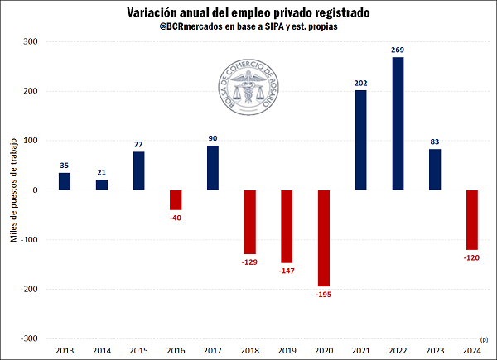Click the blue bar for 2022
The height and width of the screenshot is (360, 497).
[398, 123]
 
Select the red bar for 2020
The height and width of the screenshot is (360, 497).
[324, 238]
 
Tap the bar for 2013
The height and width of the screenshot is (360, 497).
[64, 181]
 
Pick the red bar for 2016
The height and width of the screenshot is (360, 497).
[176, 199]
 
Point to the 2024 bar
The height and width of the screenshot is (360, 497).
[471, 219]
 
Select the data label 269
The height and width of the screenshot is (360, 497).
[398, 50]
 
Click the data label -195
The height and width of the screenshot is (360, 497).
[323, 295]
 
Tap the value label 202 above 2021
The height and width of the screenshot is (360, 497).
[361, 83]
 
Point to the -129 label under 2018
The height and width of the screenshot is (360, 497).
[249, 262]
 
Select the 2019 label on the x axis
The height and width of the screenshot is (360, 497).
[287, 350]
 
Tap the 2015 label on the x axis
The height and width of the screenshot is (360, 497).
[138, 350]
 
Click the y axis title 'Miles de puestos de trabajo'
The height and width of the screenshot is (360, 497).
[13, 190]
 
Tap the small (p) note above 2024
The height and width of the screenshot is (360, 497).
[484, 339]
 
